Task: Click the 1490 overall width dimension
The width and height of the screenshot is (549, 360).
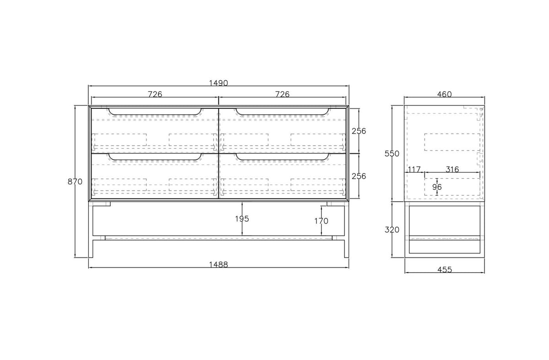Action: click(x=218, y=83)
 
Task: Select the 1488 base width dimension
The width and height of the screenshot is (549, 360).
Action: click(x=218, y=264)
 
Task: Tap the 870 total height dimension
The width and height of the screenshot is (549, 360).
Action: click(x=75, y=182)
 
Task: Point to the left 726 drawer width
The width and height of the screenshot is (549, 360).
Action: click(x=155, y=94)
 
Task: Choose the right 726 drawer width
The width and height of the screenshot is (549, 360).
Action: click(x=282, y=94)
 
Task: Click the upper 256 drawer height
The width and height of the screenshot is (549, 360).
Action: click(x=359, y=131)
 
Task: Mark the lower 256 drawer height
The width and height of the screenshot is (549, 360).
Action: click(x=359, y=176)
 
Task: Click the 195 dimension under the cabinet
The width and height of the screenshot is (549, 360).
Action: click(x=242, y=219)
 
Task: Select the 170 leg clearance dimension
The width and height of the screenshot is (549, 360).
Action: click(x=321, y=221)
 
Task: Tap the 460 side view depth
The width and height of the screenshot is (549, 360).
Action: click(x=444, y=94)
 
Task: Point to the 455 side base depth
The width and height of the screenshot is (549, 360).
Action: click(x=445, y=269)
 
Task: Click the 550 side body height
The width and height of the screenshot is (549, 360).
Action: click(x=392, y=154)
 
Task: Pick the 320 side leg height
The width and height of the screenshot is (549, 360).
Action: click(x=392, y=230)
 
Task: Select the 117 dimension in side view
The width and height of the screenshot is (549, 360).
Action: click(x=414, y=169)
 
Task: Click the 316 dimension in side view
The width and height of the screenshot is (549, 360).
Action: click(x=452, y=169)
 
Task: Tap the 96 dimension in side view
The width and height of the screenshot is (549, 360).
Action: click(x=437, y=187)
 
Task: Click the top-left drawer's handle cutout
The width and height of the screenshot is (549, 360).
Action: click(x=155, y=114)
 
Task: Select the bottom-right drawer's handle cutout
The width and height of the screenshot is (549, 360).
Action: click(x=282, y=160)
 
